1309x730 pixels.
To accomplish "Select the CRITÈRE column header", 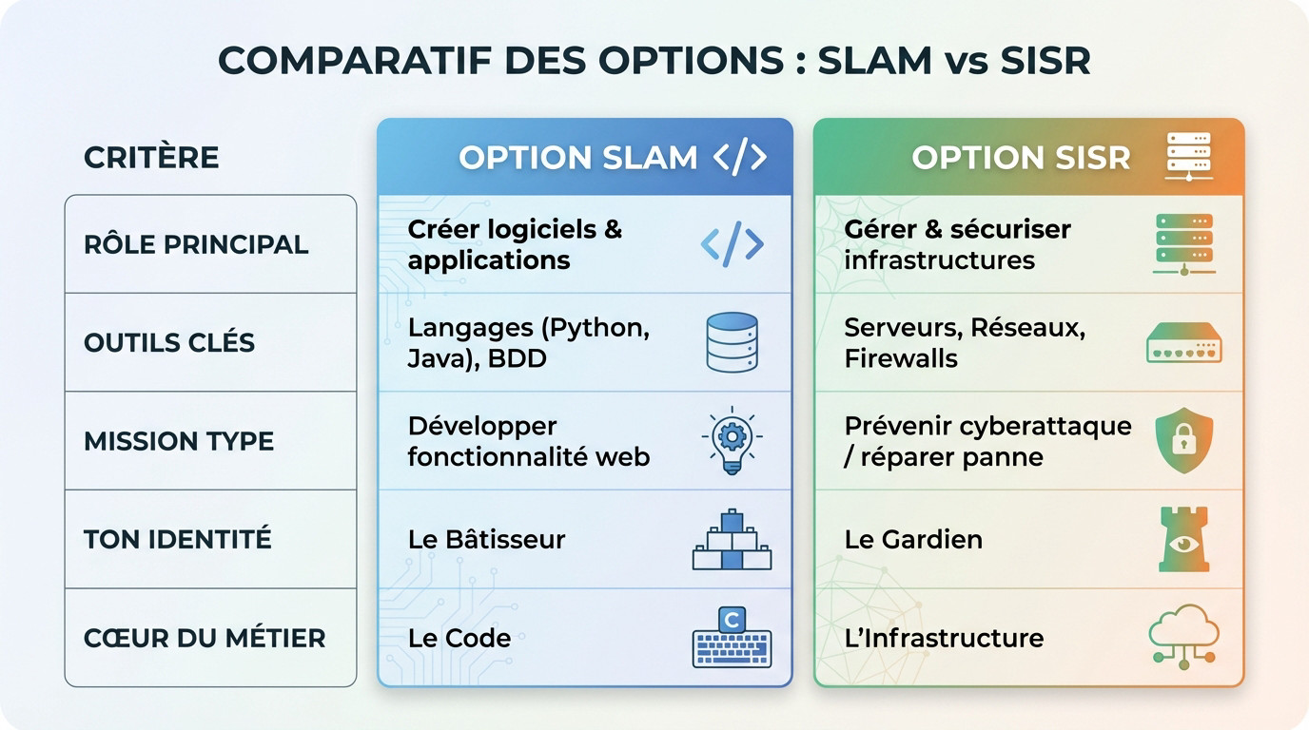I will click(x=151, y=157).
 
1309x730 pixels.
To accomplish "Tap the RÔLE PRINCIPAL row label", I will click(x=196, y=244).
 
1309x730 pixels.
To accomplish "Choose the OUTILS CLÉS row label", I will click(x=169, y=342).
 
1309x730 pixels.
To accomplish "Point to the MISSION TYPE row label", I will click(x=179, y=441).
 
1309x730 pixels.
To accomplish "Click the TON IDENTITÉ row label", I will click(x=178, y=539).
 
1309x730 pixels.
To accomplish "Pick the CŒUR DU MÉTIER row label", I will click(x=205, y=638).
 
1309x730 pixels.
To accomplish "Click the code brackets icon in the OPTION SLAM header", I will click(x=739, y=157).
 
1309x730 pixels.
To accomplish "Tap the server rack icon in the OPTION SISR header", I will click(x=1188, y=157).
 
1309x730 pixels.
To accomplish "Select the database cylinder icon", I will click(x=732, y=342).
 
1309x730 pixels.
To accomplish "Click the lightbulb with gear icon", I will click(x=732, y=441).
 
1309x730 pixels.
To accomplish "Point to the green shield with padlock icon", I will click(x=1183, y=441).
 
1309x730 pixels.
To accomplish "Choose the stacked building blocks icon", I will click(x=732, y=539).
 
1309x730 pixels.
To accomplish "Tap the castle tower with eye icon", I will click(x=1183, y=539).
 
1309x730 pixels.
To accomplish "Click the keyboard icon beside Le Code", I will click(x=732, y=638).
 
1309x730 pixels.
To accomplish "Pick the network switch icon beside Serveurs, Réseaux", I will click(x=1183, y=343).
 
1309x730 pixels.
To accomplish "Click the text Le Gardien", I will click(x=913, y=539).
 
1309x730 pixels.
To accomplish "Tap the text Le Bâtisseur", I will click(x=486, y=539).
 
